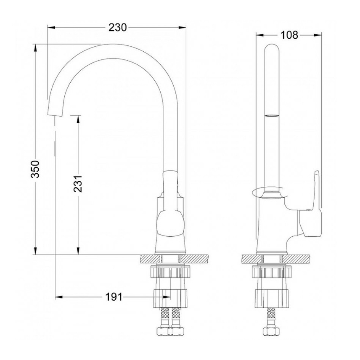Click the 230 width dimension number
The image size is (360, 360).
(x=117, y=27)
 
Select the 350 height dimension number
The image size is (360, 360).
(x=36, y=169)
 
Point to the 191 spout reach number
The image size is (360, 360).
(x=114, y=297)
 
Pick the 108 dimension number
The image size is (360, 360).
(x=289, y=35)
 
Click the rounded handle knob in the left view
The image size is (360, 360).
(x=171, y=223)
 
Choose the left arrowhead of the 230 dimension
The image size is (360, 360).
(x=52, y=27)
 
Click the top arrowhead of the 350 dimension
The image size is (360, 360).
(x=36, y=48)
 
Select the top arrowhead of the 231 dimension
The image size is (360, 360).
(x=78, y=120)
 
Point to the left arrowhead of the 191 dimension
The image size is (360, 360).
(x=59, y=297)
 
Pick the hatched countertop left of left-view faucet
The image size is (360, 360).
(x=149, y=259)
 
